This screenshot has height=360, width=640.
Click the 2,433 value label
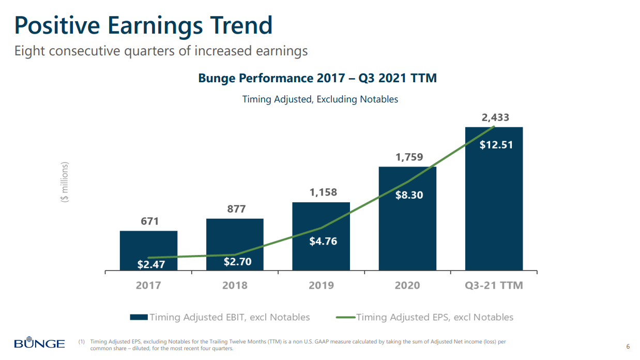pyautogui.click(x=495, y=117)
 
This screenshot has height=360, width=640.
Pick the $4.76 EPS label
pyautogui.click(x=323, y=241)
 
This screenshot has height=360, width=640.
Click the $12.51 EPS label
pyautogui.click(x=496, y=145)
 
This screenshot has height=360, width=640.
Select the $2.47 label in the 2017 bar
pyautogui.click(x=150, y=264)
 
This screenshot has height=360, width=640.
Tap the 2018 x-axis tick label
pyautogui.click(x=235, y=285)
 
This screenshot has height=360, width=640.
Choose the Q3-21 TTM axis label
pyautogui.click(x=494, y=285)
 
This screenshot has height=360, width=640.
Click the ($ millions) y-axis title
pyautogui.click(x=65, y=182)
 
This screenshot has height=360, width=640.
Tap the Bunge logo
pyautogui.click(x=39, y=343)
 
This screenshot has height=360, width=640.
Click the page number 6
pyautogui.click(x=628, y=346)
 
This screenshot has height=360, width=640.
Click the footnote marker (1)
pyautogui.click(x=82, y=342)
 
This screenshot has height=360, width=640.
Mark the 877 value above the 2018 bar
pyautogui.click(x=236, y=209)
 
